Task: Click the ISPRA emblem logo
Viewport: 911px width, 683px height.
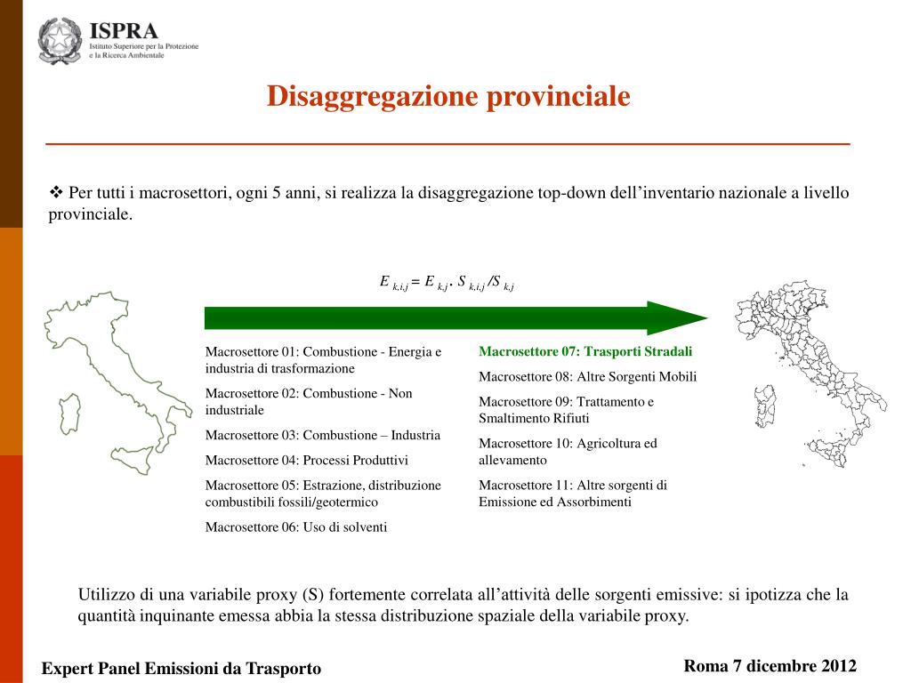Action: [x=60, y=41]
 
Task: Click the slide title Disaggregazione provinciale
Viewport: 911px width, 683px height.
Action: [x=448, y=96]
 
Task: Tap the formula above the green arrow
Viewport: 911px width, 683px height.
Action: [x=447, y=283]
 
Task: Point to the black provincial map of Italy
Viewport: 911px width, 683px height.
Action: [x=805, y=365]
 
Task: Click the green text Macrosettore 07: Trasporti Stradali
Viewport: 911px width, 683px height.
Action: [x=585, y=351]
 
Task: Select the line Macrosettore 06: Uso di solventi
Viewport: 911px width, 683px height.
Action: [x=296, y=526]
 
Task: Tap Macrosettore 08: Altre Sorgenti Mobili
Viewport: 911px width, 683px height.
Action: [x=587, y=376]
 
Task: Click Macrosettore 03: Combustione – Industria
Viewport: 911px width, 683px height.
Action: [x=322, y=435]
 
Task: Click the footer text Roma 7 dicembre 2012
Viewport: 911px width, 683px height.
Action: [x=770, y=666]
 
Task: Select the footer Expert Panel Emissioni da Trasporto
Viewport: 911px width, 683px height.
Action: [x=181, y=668]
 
